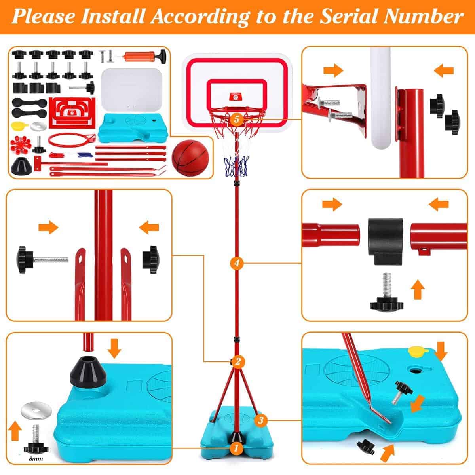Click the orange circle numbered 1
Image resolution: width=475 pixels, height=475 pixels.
click(236, 448)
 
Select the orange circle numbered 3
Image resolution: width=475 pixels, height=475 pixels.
click(261, 420)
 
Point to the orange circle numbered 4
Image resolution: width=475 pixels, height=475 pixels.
click(237, 263)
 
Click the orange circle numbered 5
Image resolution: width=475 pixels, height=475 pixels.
click(237, 119)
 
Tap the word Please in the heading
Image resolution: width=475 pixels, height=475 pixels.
click(44, 17)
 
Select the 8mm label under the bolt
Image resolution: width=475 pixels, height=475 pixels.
click(36, 459)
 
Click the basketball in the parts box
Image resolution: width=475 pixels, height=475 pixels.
click(190, 158)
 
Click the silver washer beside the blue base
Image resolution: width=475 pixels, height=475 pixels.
click(36, 411)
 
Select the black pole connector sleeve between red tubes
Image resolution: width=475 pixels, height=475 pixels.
click(386, 241)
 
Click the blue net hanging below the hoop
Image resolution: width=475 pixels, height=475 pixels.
click(236, 167)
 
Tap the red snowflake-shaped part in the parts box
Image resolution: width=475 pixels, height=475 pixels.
click(21, 144)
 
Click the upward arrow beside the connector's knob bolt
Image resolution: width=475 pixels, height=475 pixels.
click(418, 290)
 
